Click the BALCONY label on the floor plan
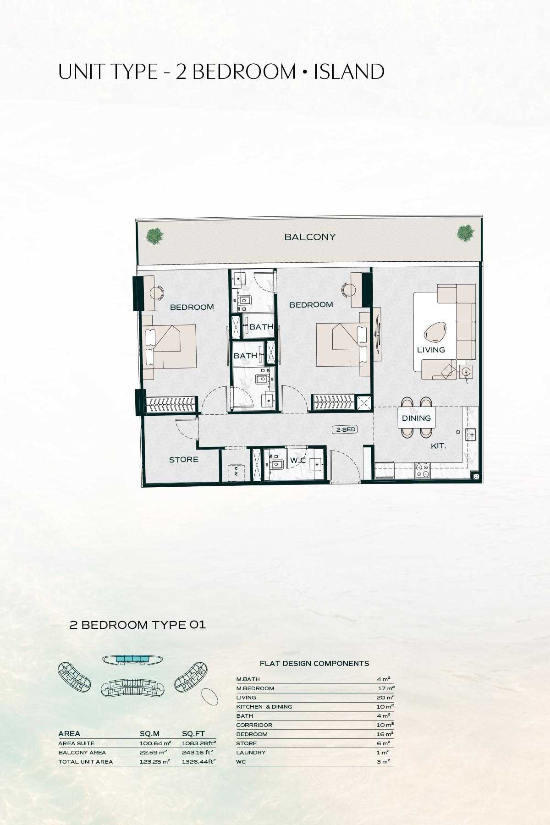pyautogui.click(x=310, y=237)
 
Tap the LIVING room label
pyautogui.click(x=431, y=350)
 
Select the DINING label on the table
pyautogui.click(x=416, y=418)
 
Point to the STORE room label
pyautogui.click(x=184, y=459)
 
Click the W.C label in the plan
pyautogui.click(x=298, y=460)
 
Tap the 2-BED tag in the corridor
pyautogui.click(x=345, y=430)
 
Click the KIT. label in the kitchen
pyautogui.click(x=438, y=445)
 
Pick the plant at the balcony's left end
pyautogui.click(x=154, y=235)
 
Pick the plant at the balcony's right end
pyautogui.click(x=465, y=233)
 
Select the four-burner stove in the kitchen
pyautogui.click(x=422, y=470)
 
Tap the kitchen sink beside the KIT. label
pyautogui.click(x=471, y=434)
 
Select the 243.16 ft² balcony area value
pyautogui.click(x=198, y=753)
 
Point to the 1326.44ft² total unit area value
pyautogui.click(x=199, y=762)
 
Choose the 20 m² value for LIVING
pyautogui.click(x=385, y=698)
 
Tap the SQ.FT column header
pyautogui.click(x=193, y=734)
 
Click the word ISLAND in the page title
pyautogui.click(x=349, y=72)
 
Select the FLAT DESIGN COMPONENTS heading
pyautogui.click(x=314, y=663)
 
